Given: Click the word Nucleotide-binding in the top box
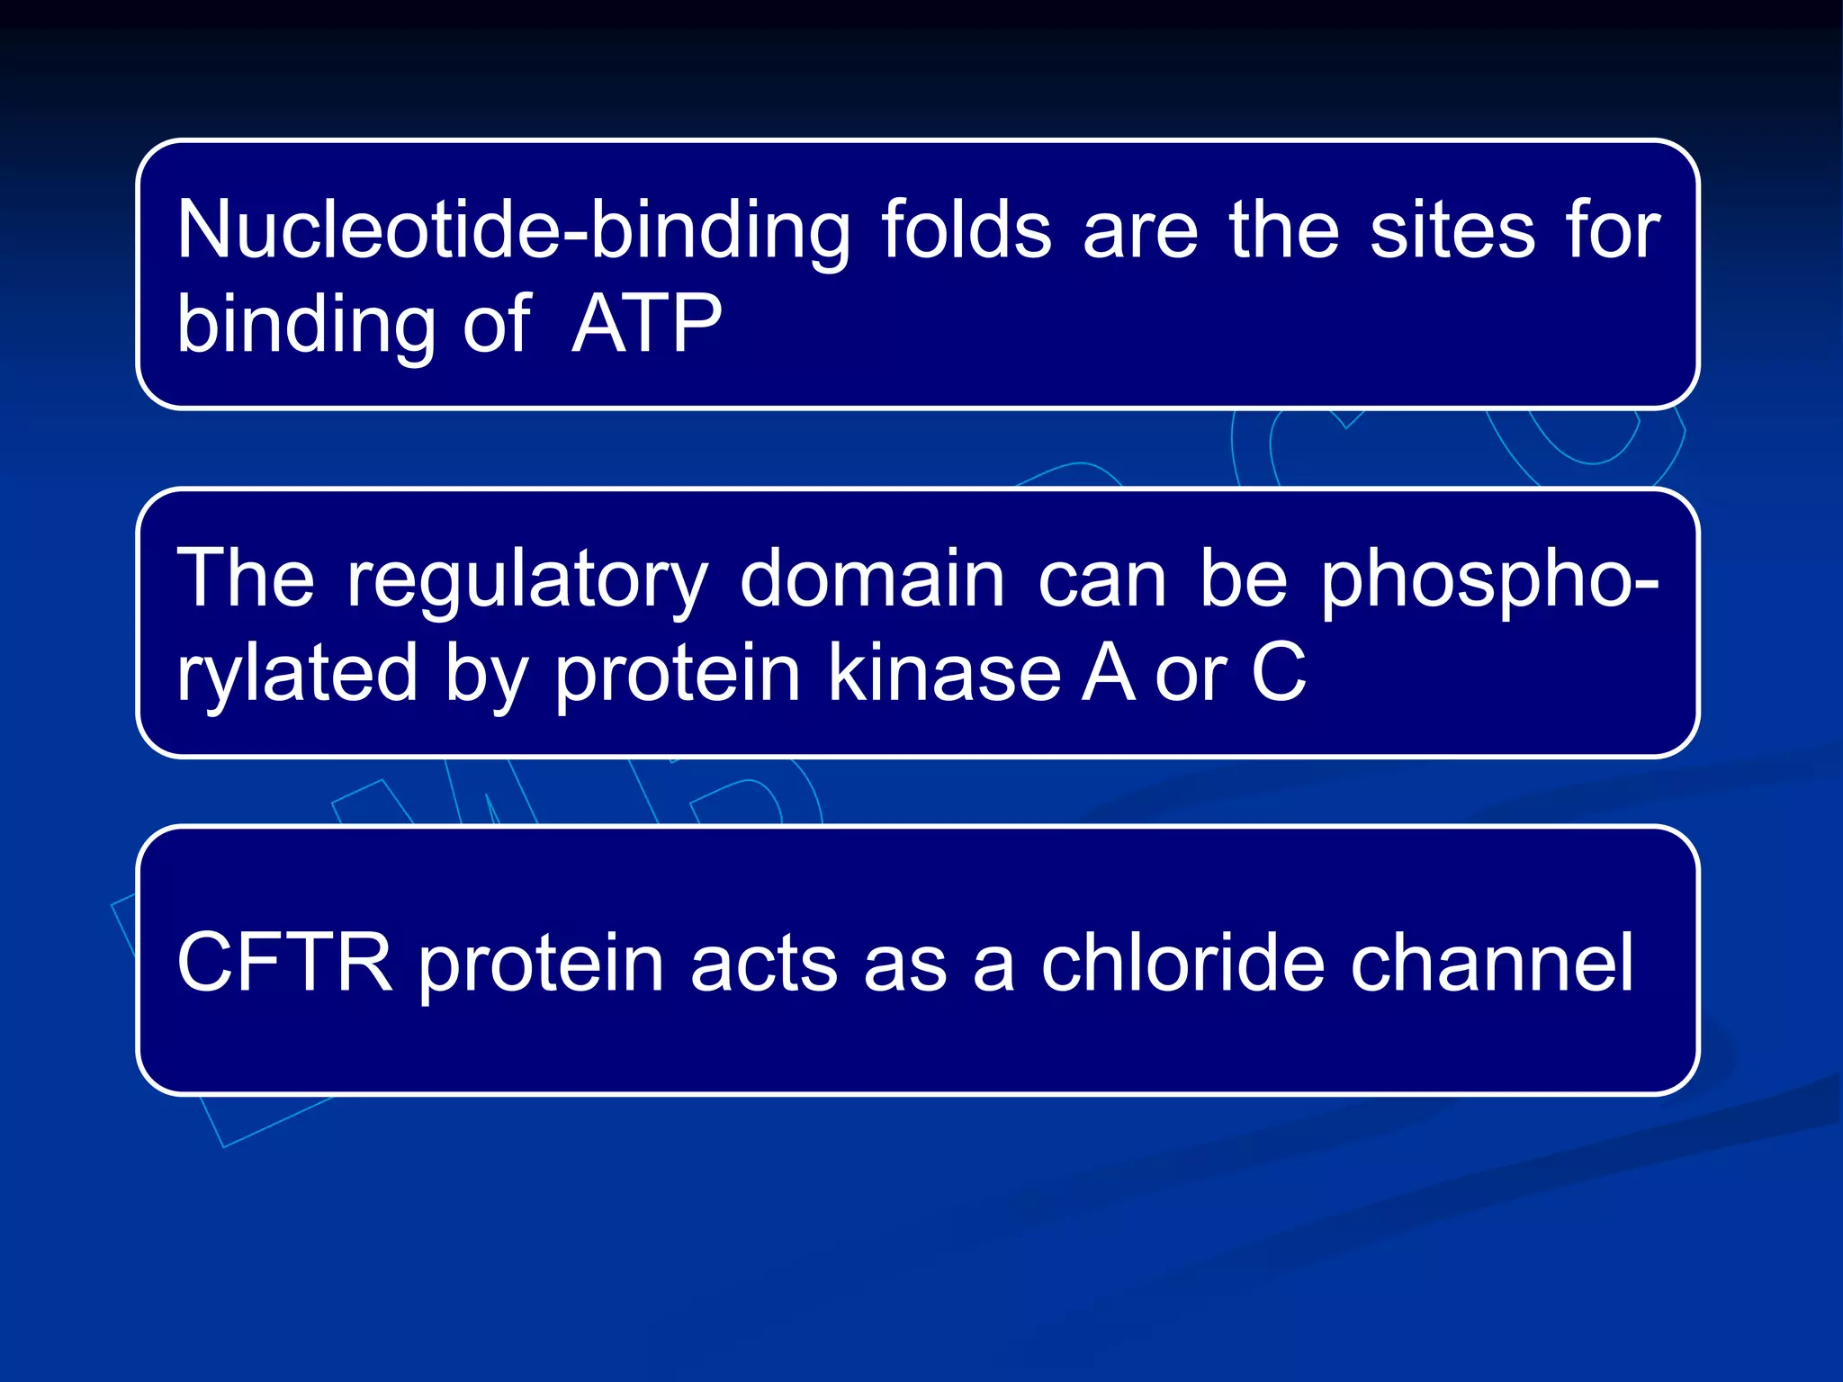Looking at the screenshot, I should (x=513, y=232).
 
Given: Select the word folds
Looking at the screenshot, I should (x=966, y=230).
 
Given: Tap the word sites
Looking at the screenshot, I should (x=1452, y=230).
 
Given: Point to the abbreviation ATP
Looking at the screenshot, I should (x=646, y=324).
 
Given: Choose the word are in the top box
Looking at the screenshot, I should (x=1140, y=232).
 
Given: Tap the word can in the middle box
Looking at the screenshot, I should (x=1101, y=580).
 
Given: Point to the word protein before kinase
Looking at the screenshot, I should (x=677, y=674).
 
